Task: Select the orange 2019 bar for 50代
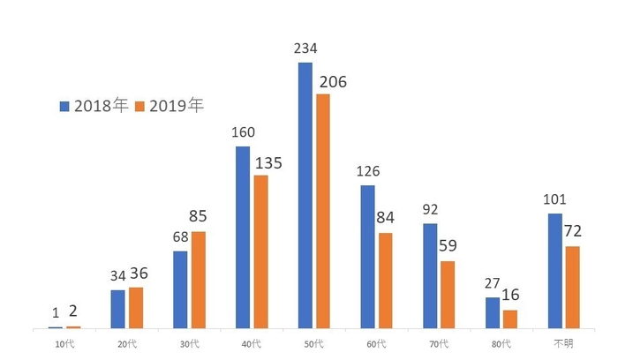pyautogui.click(x=323, y=212)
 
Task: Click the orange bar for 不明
pyautogui.click(x=572, y=288)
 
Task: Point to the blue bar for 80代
pyautogui.click(x=492, y=313)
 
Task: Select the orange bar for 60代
pyautogui.click(x=386, y=281)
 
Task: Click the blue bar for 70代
pyautogui.click(x=430, y=276)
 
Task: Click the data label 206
pyautogui.click(x=333, y=82)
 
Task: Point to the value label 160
pyautogui.click(x=243, y=133)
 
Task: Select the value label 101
pyautogui.click(x=554, y=199)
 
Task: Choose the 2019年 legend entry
pyautogui.click(x=170, y=106)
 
